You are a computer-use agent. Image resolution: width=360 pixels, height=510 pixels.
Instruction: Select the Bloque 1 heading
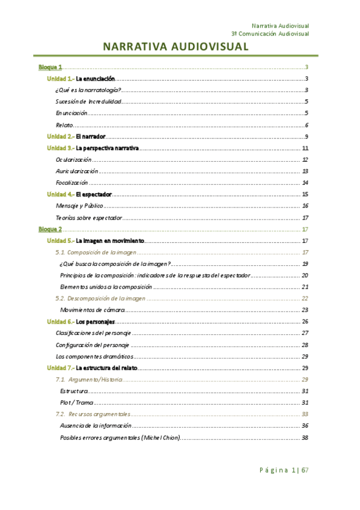click(x=50, y=67)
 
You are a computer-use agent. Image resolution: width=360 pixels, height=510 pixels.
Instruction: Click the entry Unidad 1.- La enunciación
click(x=81, y=79)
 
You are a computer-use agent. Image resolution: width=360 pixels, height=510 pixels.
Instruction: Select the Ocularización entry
click(x=73, y=160)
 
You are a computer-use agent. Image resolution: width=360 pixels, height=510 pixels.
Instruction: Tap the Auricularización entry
click(x=77, y=171)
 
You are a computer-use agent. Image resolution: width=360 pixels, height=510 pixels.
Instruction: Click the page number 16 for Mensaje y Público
click(x=305, y=206)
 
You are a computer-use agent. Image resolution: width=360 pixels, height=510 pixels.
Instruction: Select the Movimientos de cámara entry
click(x=92, y=310)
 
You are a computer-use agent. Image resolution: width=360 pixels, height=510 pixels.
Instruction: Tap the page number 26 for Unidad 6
click(x=305, y=321)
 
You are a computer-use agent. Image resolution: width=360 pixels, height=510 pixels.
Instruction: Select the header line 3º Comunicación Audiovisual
click(x=270, y=34)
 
